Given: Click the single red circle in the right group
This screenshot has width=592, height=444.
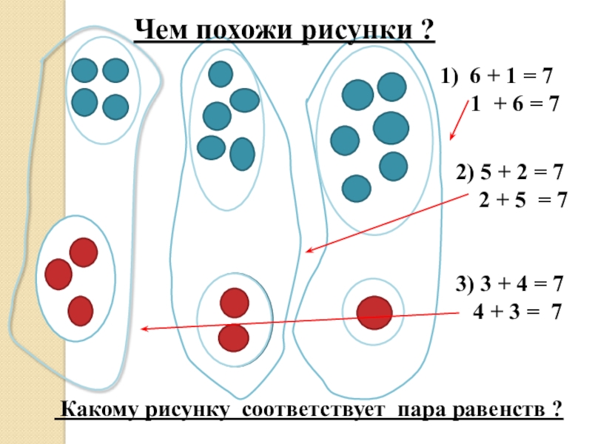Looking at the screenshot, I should (x=374, y=312).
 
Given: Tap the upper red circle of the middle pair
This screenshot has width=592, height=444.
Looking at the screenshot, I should (x=235, y=302).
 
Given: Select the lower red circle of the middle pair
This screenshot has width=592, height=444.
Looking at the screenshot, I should (x=234, y=337).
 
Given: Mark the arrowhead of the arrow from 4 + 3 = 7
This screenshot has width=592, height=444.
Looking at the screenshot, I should (x=145, y=329).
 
